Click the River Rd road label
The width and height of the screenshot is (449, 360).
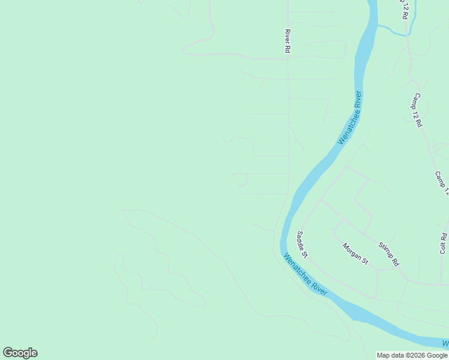pos(288,42)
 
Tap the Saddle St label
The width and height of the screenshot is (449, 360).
pos(302,245)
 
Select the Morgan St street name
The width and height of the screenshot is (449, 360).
pos(355,253)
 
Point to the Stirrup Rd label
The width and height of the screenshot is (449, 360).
pos(388,254)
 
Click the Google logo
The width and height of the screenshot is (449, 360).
pos(20,353)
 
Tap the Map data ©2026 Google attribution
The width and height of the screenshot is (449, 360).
pos(412,355)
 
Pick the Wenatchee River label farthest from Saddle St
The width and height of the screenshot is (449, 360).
pos(350,118)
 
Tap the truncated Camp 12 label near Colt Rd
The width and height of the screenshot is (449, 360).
pos(442,184)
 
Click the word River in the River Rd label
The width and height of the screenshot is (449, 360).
pos(288,37)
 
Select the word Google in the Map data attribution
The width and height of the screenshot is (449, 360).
pos(436,355)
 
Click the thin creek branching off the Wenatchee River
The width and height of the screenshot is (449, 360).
pos(393,31)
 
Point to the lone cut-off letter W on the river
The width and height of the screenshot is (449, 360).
pos(445,343)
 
